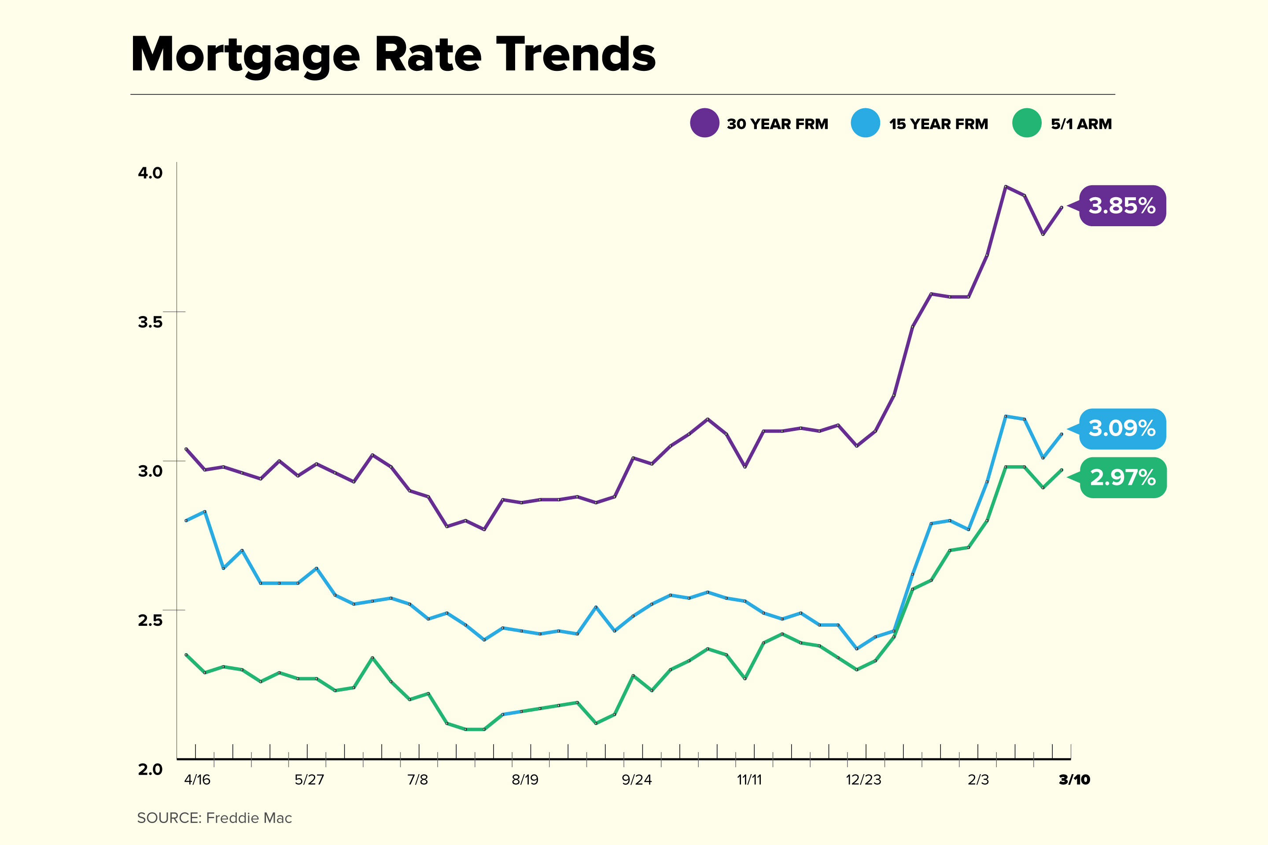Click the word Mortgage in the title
[245, 55]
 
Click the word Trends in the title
[575, 55]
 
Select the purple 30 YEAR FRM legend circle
[704, 123]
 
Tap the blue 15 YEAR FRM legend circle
[865, 123]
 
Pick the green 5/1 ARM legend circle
[1026, 123]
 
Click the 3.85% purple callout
[1122, 206]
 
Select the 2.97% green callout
[1123, 478]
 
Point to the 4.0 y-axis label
[150, 173]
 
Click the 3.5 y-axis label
[150, 322]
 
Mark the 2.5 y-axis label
[150, 620]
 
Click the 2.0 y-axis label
[150, 770]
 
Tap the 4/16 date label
[197, 780]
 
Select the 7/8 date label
[418, 780]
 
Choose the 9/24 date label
[637, 780]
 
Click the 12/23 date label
[863, 780]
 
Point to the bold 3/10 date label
[1074, 780]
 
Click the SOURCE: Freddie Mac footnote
[214, 818]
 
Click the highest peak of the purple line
[1006, 187]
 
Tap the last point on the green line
[1062, 470]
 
